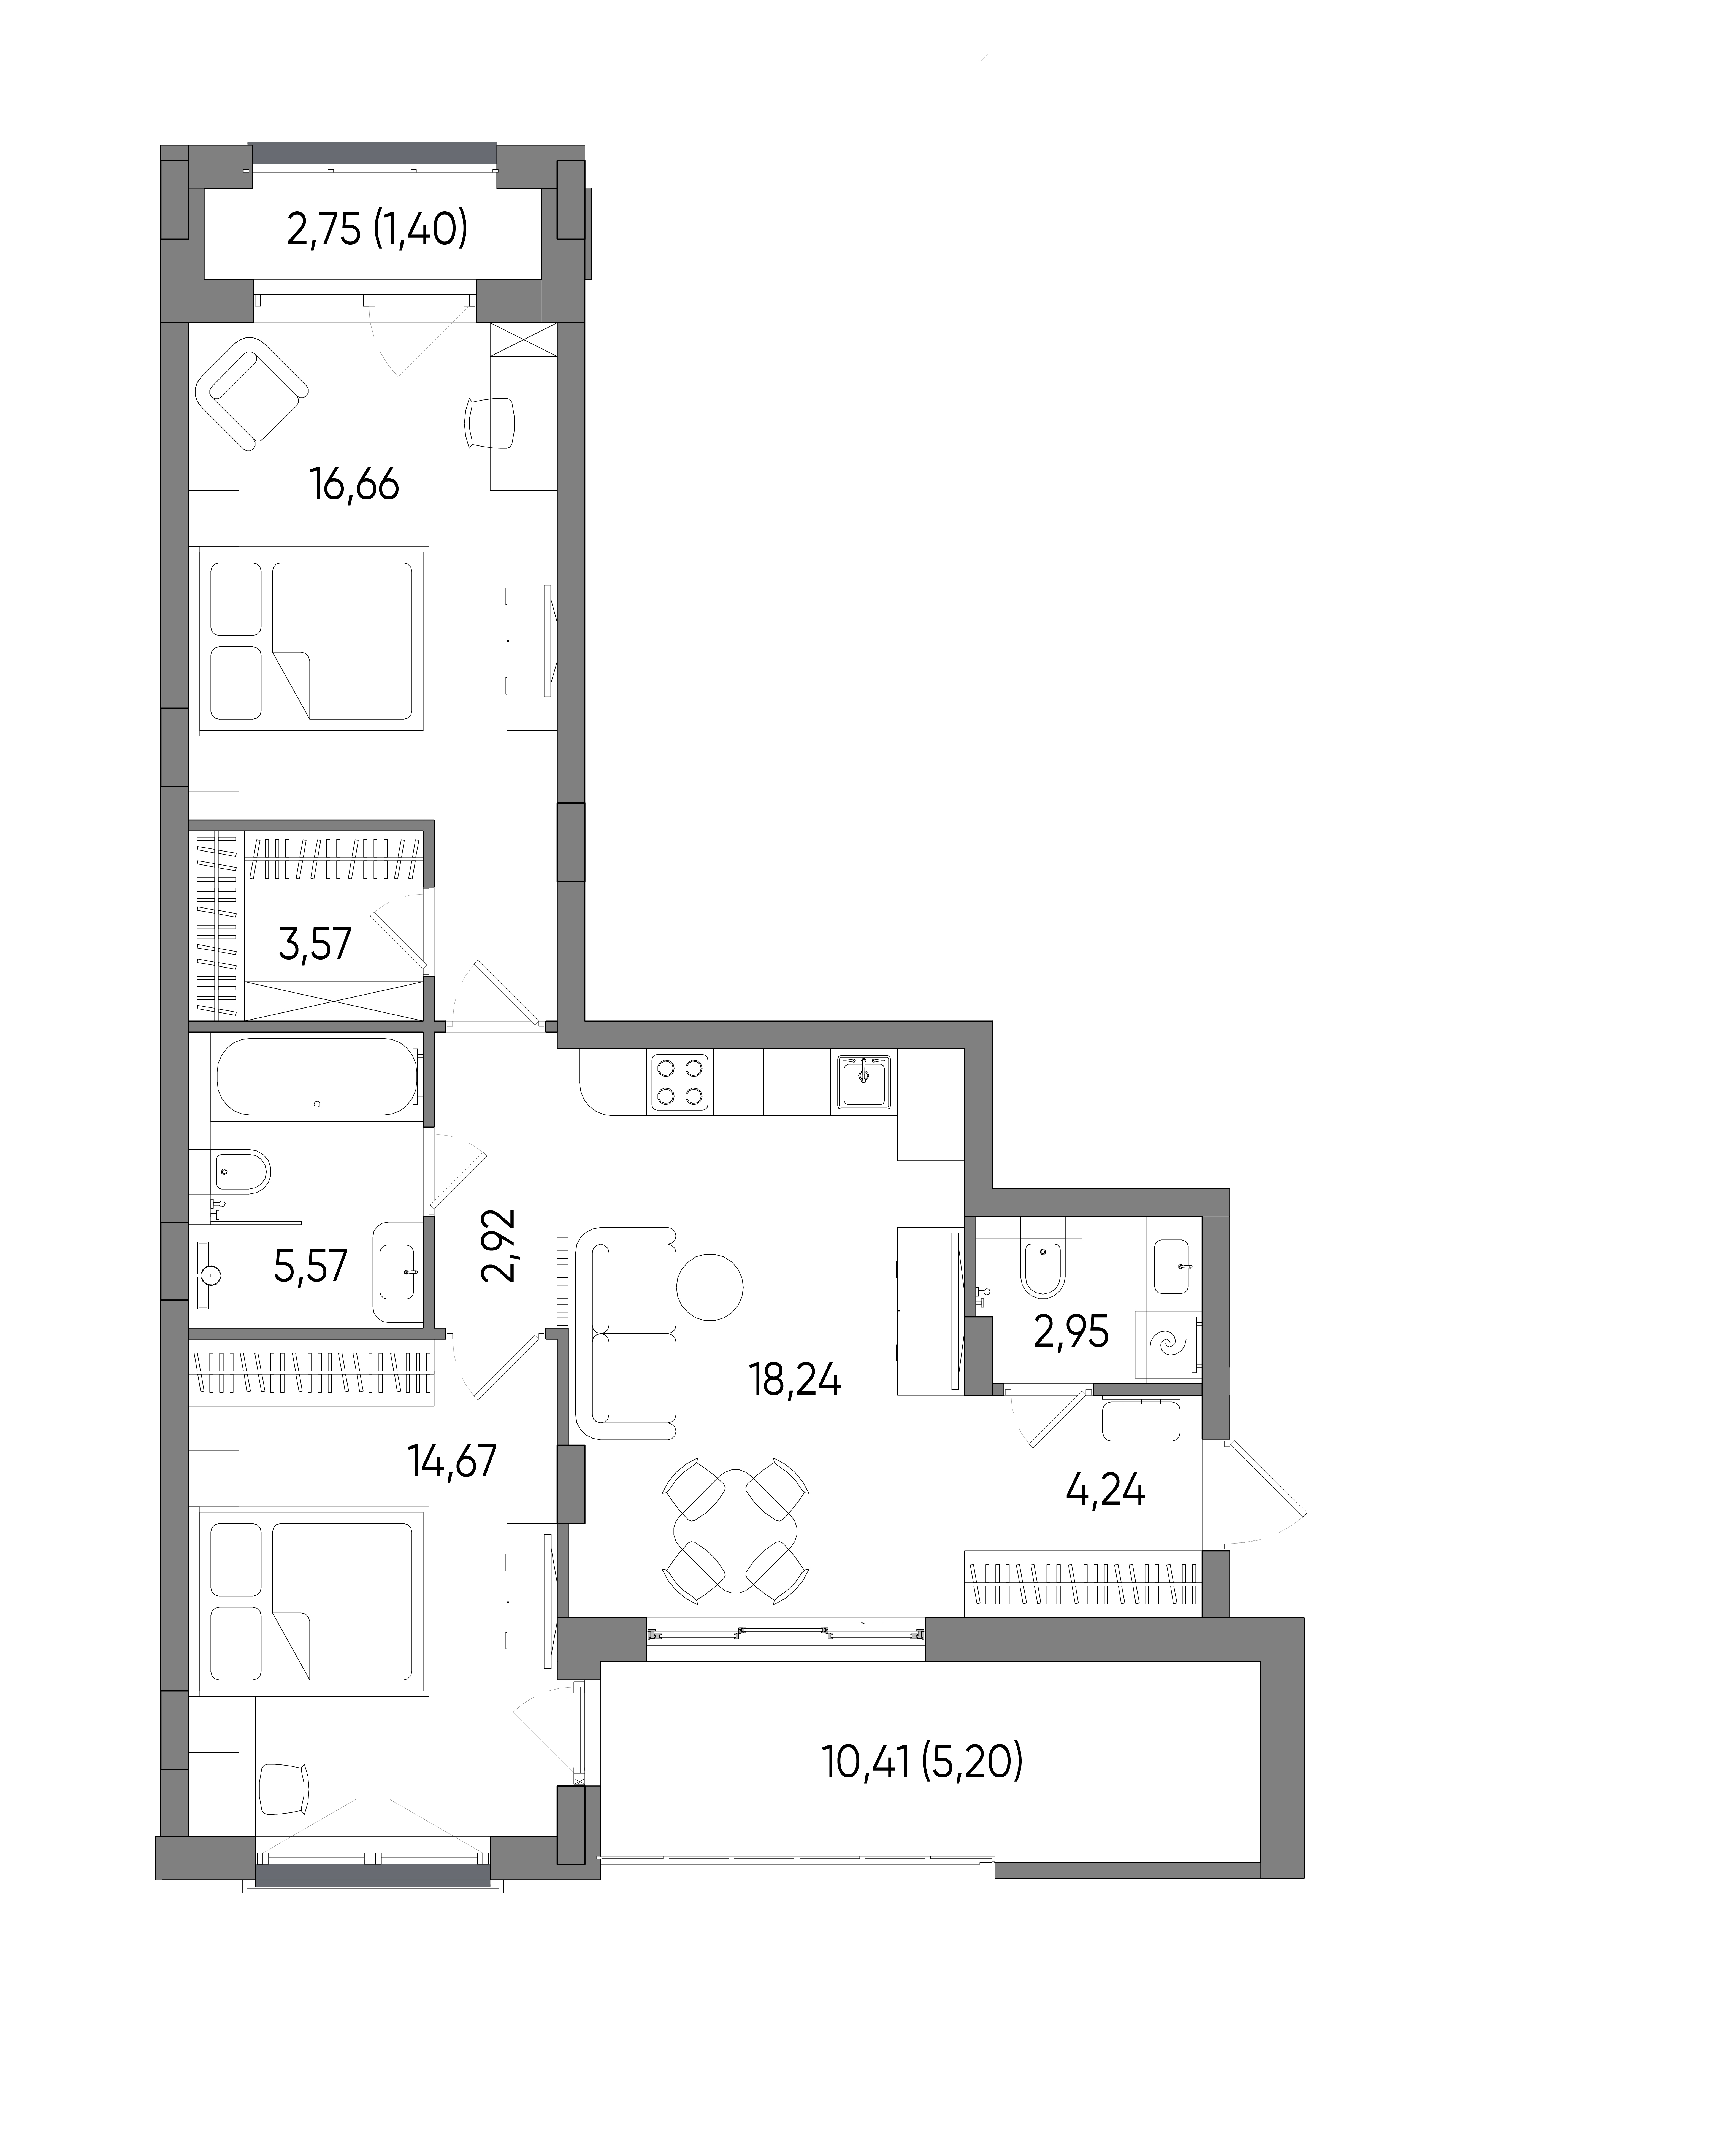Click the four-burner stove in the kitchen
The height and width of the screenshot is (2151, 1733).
point(680,1082)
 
